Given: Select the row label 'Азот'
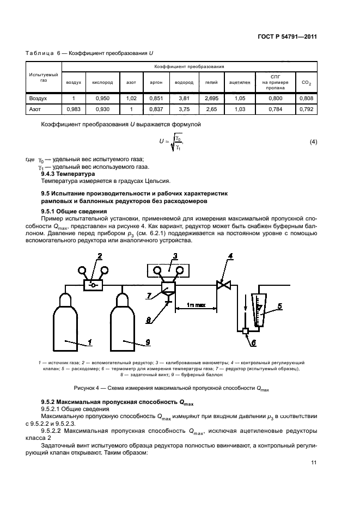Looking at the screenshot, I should tap(35, 109).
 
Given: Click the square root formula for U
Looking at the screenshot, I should tap(170, 143).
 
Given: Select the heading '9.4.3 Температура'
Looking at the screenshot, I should tap(72, 174).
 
